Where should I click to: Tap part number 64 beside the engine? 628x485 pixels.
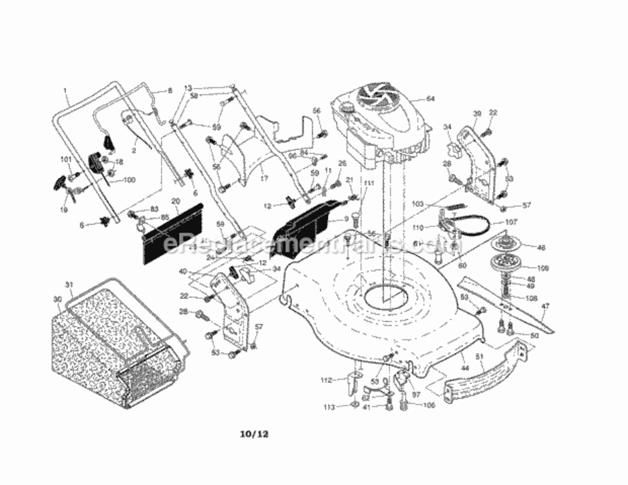pos(431,99)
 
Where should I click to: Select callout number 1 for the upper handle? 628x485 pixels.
pos(65,91)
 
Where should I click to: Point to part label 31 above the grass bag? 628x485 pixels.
pos(68,285)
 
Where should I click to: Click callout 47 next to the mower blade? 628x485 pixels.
pos(545,307)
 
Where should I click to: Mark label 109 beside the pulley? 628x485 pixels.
pos(542,267)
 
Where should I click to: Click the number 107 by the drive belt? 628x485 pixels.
pos(512,222)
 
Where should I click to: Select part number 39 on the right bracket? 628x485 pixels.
pos(477,114)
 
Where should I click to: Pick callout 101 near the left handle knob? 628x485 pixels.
pos(65,158)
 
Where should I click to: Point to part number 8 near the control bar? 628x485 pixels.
pos(170,91)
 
